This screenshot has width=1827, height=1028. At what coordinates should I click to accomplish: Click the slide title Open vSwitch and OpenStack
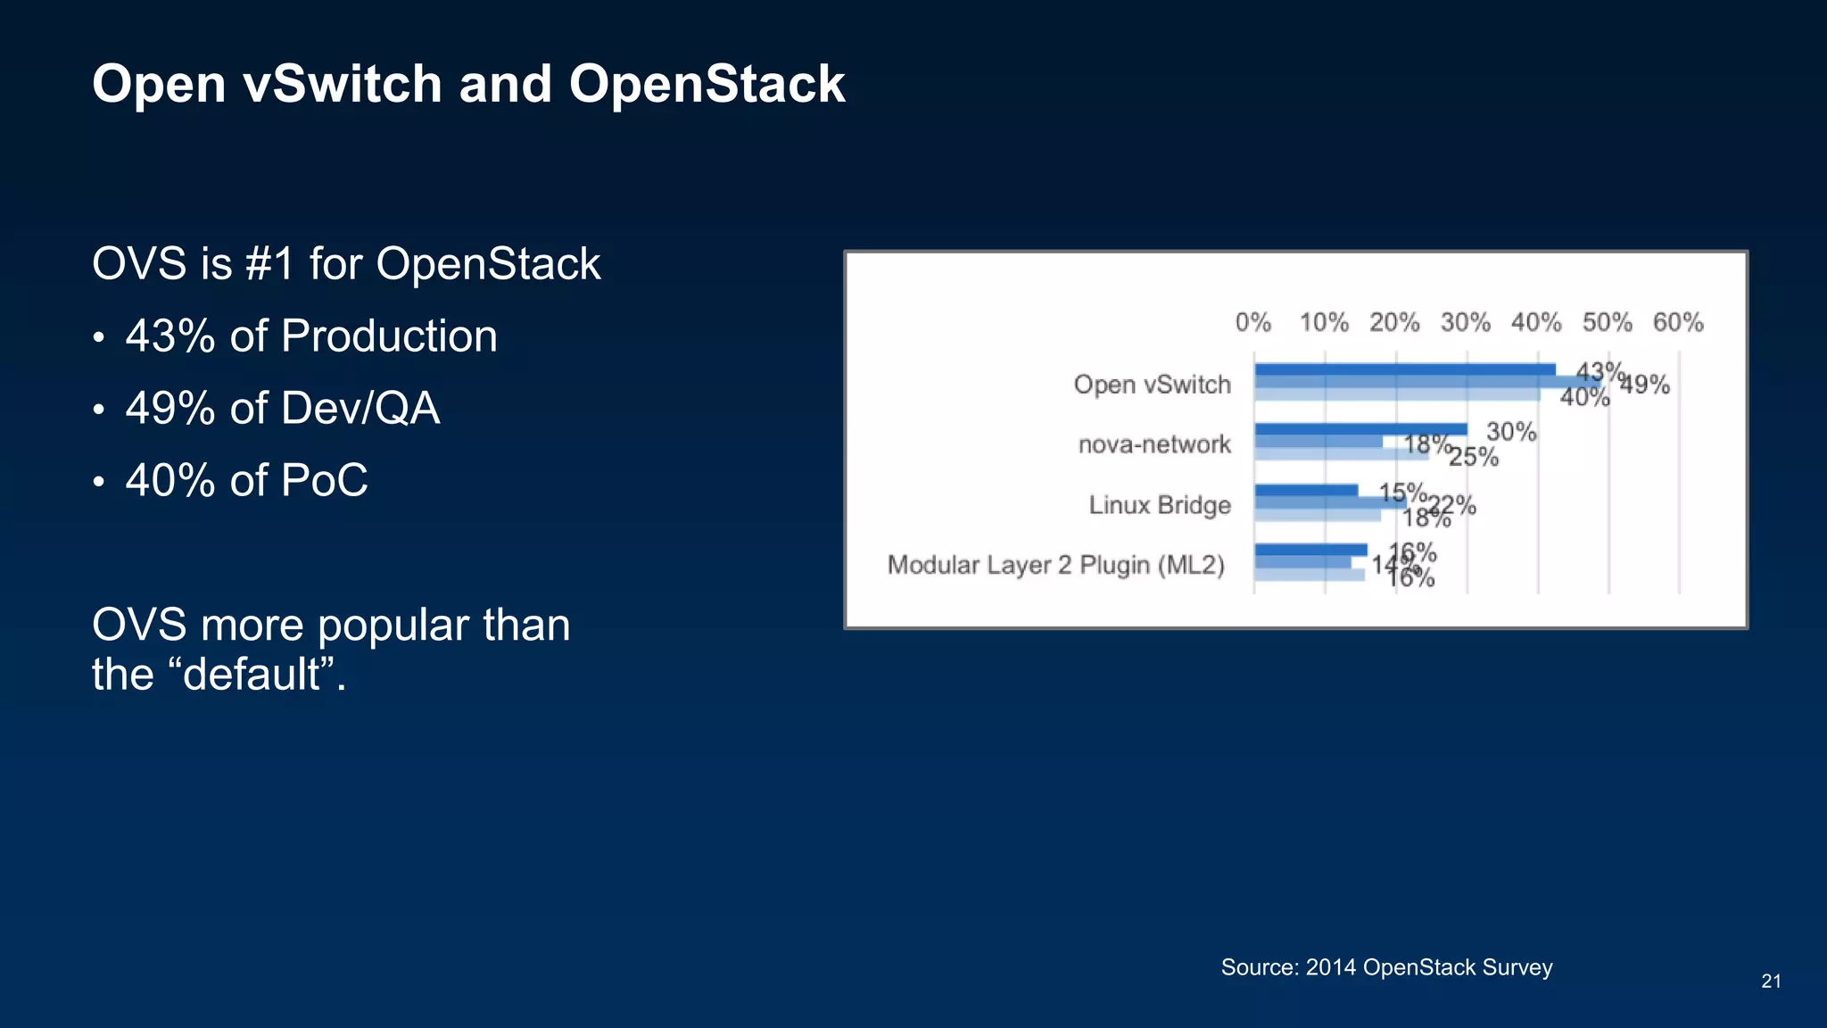[468, 85]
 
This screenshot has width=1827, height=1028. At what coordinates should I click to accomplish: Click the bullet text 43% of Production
[310, 336]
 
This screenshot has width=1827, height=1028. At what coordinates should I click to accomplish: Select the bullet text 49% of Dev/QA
[282, 409]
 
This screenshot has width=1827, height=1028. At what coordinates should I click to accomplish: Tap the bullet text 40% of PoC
[246, 481]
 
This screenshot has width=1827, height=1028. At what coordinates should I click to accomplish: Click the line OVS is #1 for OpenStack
[346, 264]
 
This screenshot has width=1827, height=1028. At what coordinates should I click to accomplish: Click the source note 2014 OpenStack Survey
[1386, 967]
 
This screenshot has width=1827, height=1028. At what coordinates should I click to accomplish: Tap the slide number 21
[1771, 982]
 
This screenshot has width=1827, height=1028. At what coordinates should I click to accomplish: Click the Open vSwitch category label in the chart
[1152, 385]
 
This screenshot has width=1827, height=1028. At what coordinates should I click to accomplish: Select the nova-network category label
[1154, 444]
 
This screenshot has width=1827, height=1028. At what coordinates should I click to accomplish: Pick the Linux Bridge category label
[1160, 505]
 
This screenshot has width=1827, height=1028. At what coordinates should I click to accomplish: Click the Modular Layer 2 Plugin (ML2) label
[1056, 565]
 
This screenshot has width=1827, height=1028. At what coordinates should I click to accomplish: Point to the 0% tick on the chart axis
[1253, 322]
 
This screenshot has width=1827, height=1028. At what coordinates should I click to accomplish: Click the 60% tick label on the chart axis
[1678, 322]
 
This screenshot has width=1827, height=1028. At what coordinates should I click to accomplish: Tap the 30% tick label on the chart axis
[1466, 322]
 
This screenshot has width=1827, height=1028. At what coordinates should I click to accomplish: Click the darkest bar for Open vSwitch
[1405, 369]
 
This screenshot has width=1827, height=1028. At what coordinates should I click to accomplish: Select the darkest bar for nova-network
[1360, 429]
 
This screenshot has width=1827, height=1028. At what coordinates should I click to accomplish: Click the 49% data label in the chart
[1645, 385]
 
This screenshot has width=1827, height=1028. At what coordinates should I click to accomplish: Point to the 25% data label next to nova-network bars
[1474, 457]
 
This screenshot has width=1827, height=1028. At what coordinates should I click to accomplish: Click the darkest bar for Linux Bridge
[1306, 490]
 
